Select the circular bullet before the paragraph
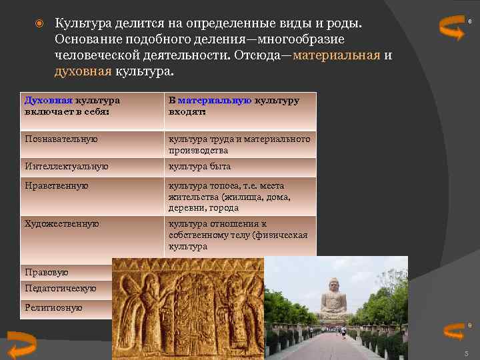pos(39,24)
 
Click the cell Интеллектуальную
pos(66,166)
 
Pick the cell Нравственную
pos(56,186)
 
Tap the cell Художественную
pos(61,224)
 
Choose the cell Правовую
pos(47,273)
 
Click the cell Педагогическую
pos(60,289)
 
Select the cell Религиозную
pos(53,307)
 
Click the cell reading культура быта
pos(199,166)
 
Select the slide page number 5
pos(466,353)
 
